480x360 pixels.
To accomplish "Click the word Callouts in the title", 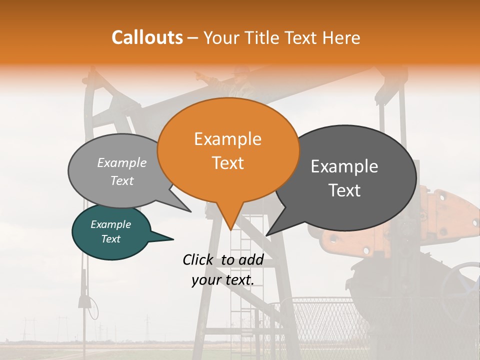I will (147, 37).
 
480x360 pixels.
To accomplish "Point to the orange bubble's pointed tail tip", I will (230, 229).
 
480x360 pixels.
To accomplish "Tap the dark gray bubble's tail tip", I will (267, 235).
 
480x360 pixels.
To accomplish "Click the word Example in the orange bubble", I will (227, 139).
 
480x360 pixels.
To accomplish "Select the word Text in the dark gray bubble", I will (345, 190).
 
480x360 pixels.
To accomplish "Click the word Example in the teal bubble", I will (110, 224).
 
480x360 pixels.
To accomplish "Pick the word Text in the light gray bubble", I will (122, 180).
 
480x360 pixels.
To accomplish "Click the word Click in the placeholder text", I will (198, 259).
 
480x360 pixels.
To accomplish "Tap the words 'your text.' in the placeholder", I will (223, 280).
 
